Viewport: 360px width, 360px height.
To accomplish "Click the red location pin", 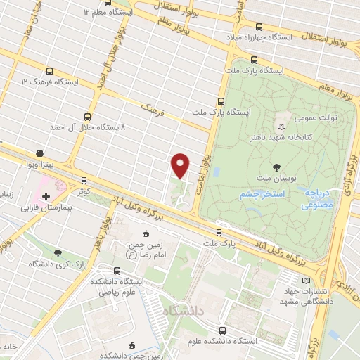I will (x=181, y=165).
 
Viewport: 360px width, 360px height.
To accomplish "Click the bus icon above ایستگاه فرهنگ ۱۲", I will (x=50, y=71).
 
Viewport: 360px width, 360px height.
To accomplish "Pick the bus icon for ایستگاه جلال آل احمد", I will (x=87, y=117).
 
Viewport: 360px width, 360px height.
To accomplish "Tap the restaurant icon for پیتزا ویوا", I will (x=40, y=153).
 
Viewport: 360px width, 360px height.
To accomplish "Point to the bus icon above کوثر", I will (x=84, y=180).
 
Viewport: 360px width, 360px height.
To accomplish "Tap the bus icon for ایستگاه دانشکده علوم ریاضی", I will (x=117, y=270).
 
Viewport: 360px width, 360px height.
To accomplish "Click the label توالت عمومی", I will (x=326, y=118).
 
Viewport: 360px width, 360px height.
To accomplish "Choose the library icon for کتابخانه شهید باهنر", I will (x=283, y=120).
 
